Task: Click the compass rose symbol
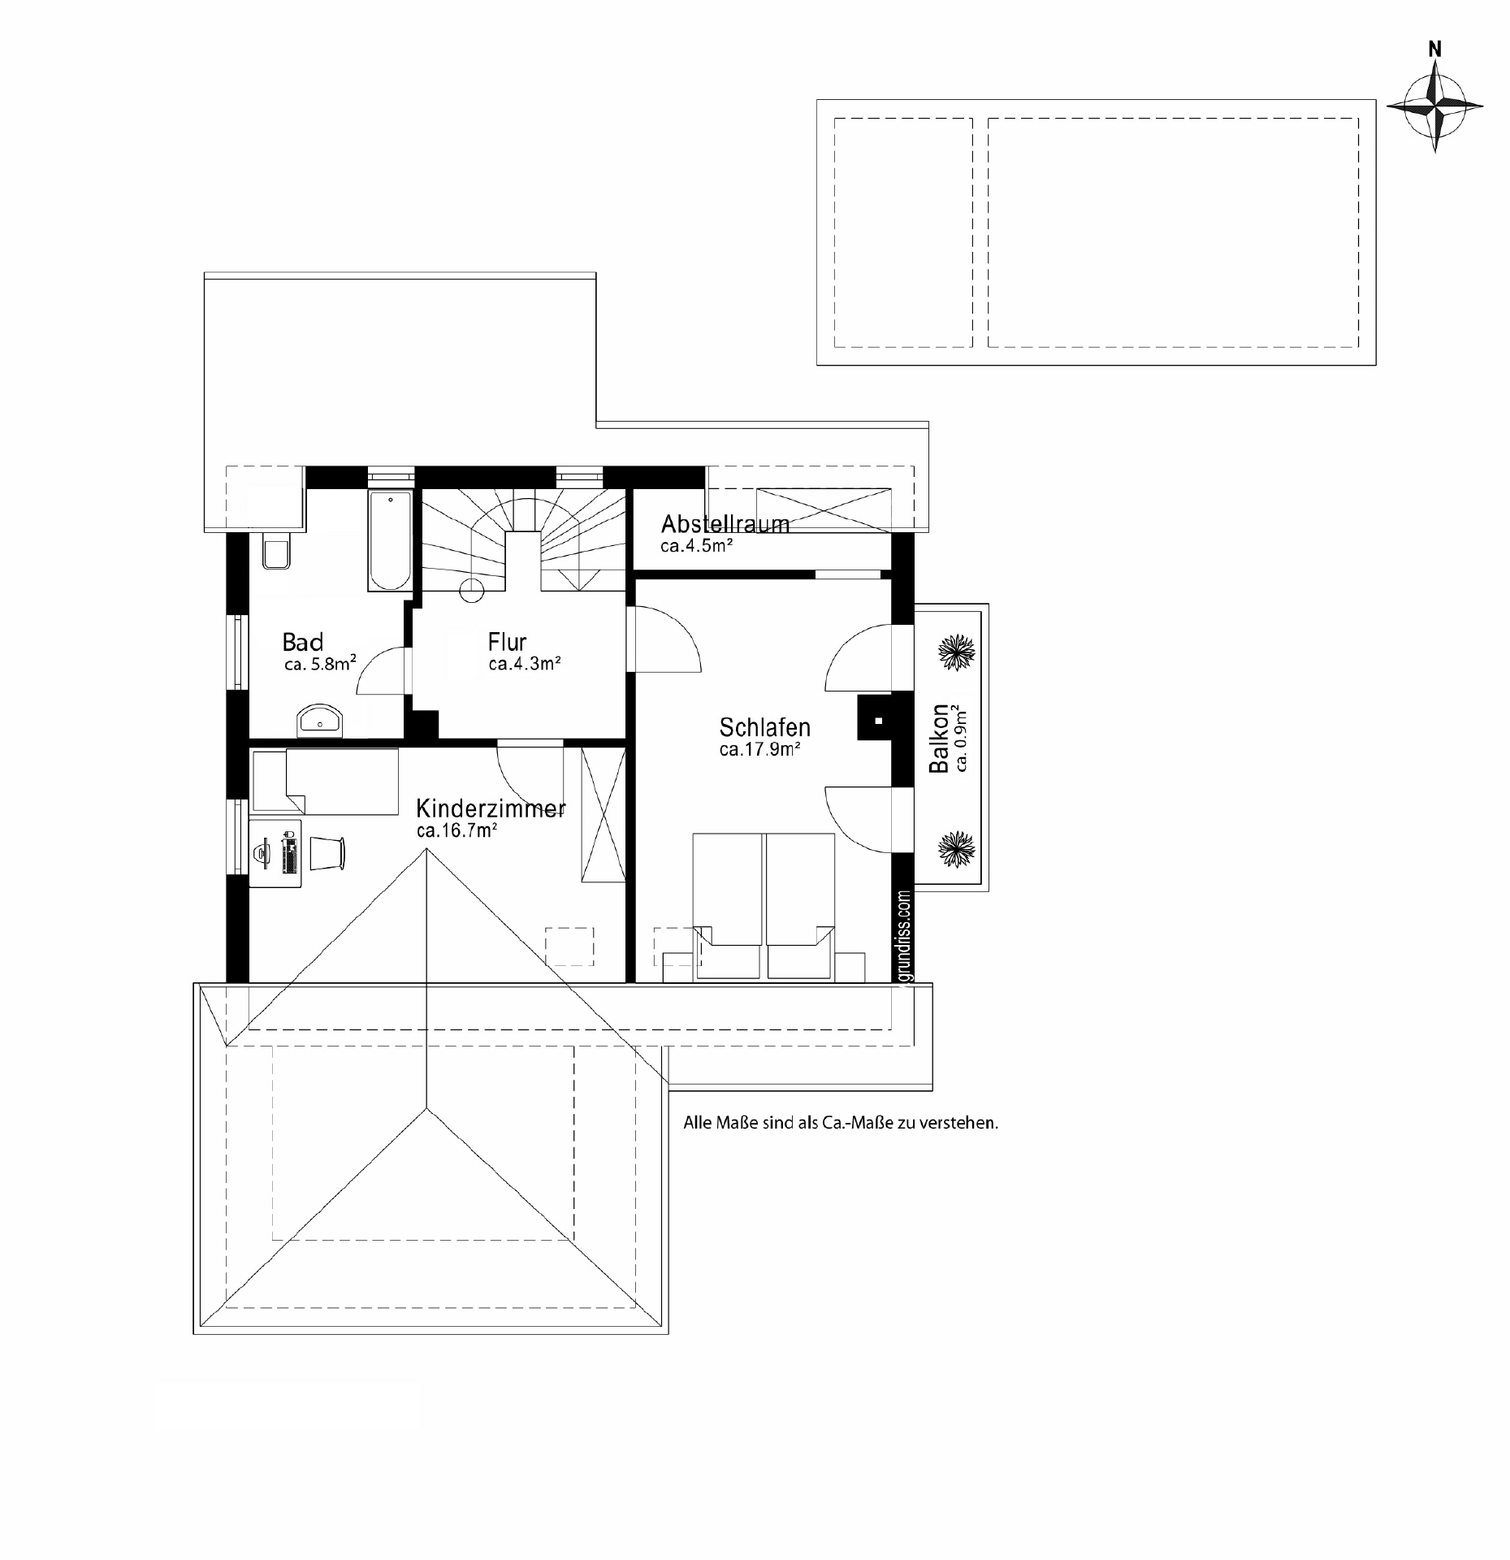coord(1435,106)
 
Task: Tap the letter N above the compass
coord(1435,50)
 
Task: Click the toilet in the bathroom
coord(276,552)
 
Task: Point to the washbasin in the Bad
coord(321,719)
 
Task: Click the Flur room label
coord(507,642)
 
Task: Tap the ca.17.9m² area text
coord(759,749)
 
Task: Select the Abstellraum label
coord(725,523)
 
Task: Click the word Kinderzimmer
coord(491,808)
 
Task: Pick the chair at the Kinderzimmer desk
coord(328,851)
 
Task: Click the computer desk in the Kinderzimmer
coord(275,853)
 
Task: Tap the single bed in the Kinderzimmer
coord(325,781)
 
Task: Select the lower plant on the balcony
coord(956,848)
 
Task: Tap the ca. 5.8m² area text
coord(320,665)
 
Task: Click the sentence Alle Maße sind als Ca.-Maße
coord(840,1124)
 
